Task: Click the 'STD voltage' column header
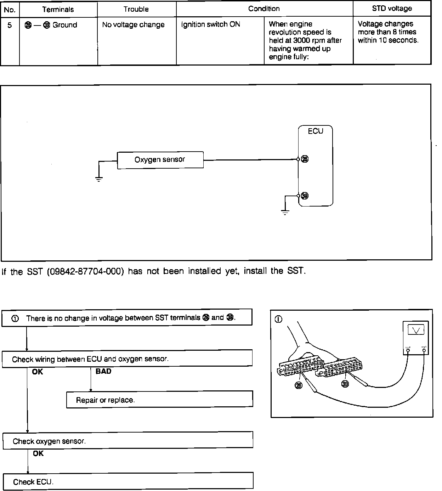click(x=392, y=9)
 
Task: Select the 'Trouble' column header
click(x=136, y=9)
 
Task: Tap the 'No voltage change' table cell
click(x=133, y=25)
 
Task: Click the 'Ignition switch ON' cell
click(x=210, y=24)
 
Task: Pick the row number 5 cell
click(x=10, y=25)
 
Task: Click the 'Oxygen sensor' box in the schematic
click(x=160, y=160)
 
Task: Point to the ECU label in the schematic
click(x=315, y=131)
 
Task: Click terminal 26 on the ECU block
click(x=305, y=159)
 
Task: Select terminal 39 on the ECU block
click(x=305, y=196)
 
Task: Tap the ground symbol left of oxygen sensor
click(x=99, y=179)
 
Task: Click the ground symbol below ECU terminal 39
click(x=285, y=213)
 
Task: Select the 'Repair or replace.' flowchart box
click(x=159, y=400)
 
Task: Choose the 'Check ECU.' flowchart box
click(x=128, y=481)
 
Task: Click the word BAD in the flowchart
click(x=103, y=371)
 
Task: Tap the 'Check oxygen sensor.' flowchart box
click(x=128, y=441)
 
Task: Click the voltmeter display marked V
click(x=416, y=331)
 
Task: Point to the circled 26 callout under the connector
click(x=299, y=386)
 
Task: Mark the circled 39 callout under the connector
click(x=345, y=384)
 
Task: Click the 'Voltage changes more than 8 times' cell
click(x=388, y=32)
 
